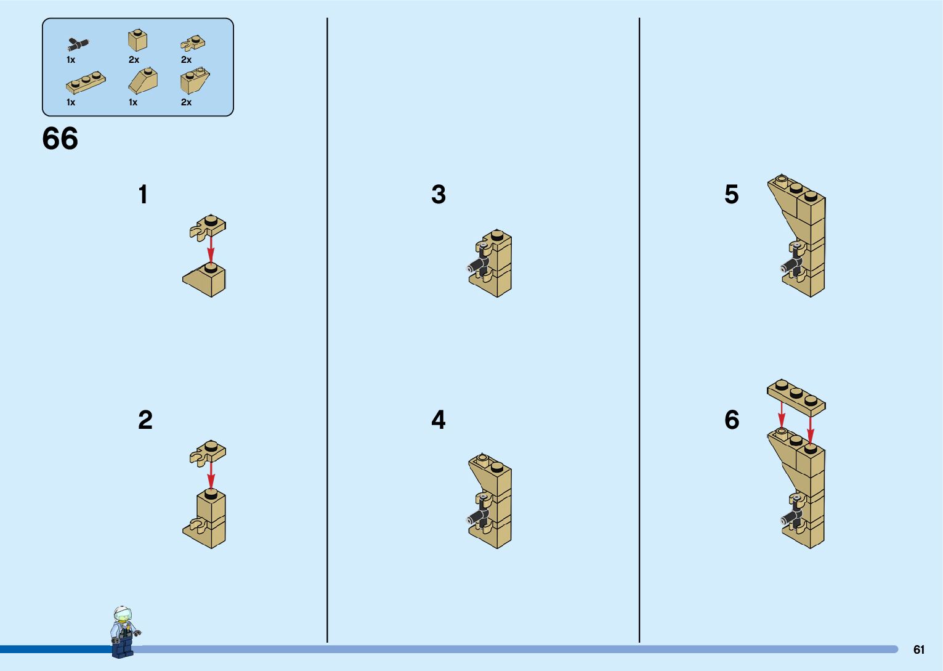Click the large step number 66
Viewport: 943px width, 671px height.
(60, 138)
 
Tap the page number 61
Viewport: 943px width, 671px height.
(919, 649)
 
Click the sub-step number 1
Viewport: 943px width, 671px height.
(143, 194)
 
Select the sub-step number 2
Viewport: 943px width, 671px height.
(145, 420)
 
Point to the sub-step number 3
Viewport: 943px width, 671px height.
(439, 194)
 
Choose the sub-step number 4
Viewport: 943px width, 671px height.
(439, 420)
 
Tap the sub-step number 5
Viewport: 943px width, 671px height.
(732, 194)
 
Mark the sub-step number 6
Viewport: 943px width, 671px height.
(732, 420)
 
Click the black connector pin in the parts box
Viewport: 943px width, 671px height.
(78, 44)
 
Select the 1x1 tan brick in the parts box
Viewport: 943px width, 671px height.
(137, 41)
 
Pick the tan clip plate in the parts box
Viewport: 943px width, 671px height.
(193, 43)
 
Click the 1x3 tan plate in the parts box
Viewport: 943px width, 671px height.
(86, 82)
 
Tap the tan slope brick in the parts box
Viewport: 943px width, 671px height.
(143, 81)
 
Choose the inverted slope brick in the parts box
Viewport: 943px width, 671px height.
(195, 81)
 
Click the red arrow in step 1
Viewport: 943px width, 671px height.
(211, 250)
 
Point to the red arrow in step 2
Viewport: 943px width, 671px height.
(211, 476)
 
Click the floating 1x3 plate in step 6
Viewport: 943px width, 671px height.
(796, 396)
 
